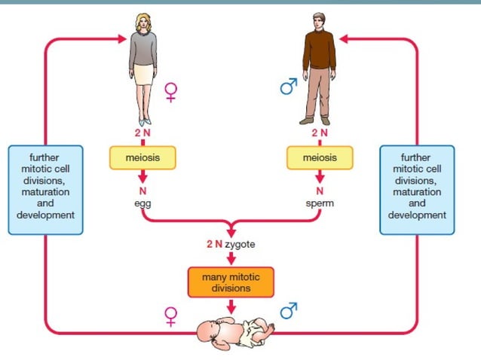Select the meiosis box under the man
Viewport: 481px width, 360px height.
pyautogui.click(x=320, y=157)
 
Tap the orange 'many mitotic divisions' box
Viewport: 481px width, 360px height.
pyautogui.click(x=231, y=282)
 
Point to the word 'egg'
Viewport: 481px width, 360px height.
pyautogui.click(x=141, y=203)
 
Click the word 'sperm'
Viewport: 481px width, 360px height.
pyautogui.click(x=320, y=203)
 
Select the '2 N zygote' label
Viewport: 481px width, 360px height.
pyautogui.click(x=231, y=245)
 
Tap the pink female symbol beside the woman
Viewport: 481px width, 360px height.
pyautogui.click(x=171, y=93)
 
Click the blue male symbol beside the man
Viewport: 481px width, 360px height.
pyautogui.click(x=288, y=88)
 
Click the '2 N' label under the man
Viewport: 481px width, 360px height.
pyautogui.click(x=320, y=133)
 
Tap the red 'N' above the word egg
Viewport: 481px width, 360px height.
pyautogui.click(x=141, y=191)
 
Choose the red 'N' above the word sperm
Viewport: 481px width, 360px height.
pyautogui.click(x=320, y=191)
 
